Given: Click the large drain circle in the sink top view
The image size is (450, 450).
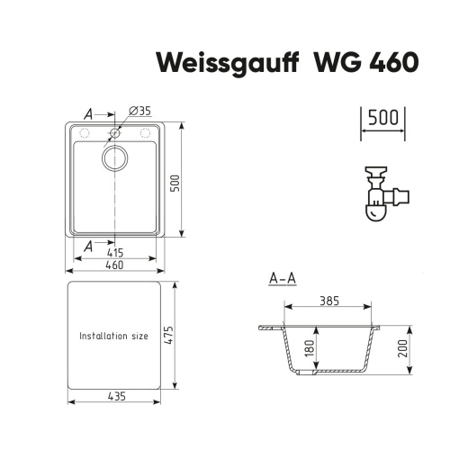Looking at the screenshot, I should [114, 160].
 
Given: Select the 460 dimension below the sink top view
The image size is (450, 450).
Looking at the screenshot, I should [114, 265].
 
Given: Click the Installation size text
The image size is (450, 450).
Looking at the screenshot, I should [113, 336].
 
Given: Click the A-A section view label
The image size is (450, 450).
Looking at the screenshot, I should [282, 279].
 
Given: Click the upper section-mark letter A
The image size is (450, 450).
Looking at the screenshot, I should [88, 114].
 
